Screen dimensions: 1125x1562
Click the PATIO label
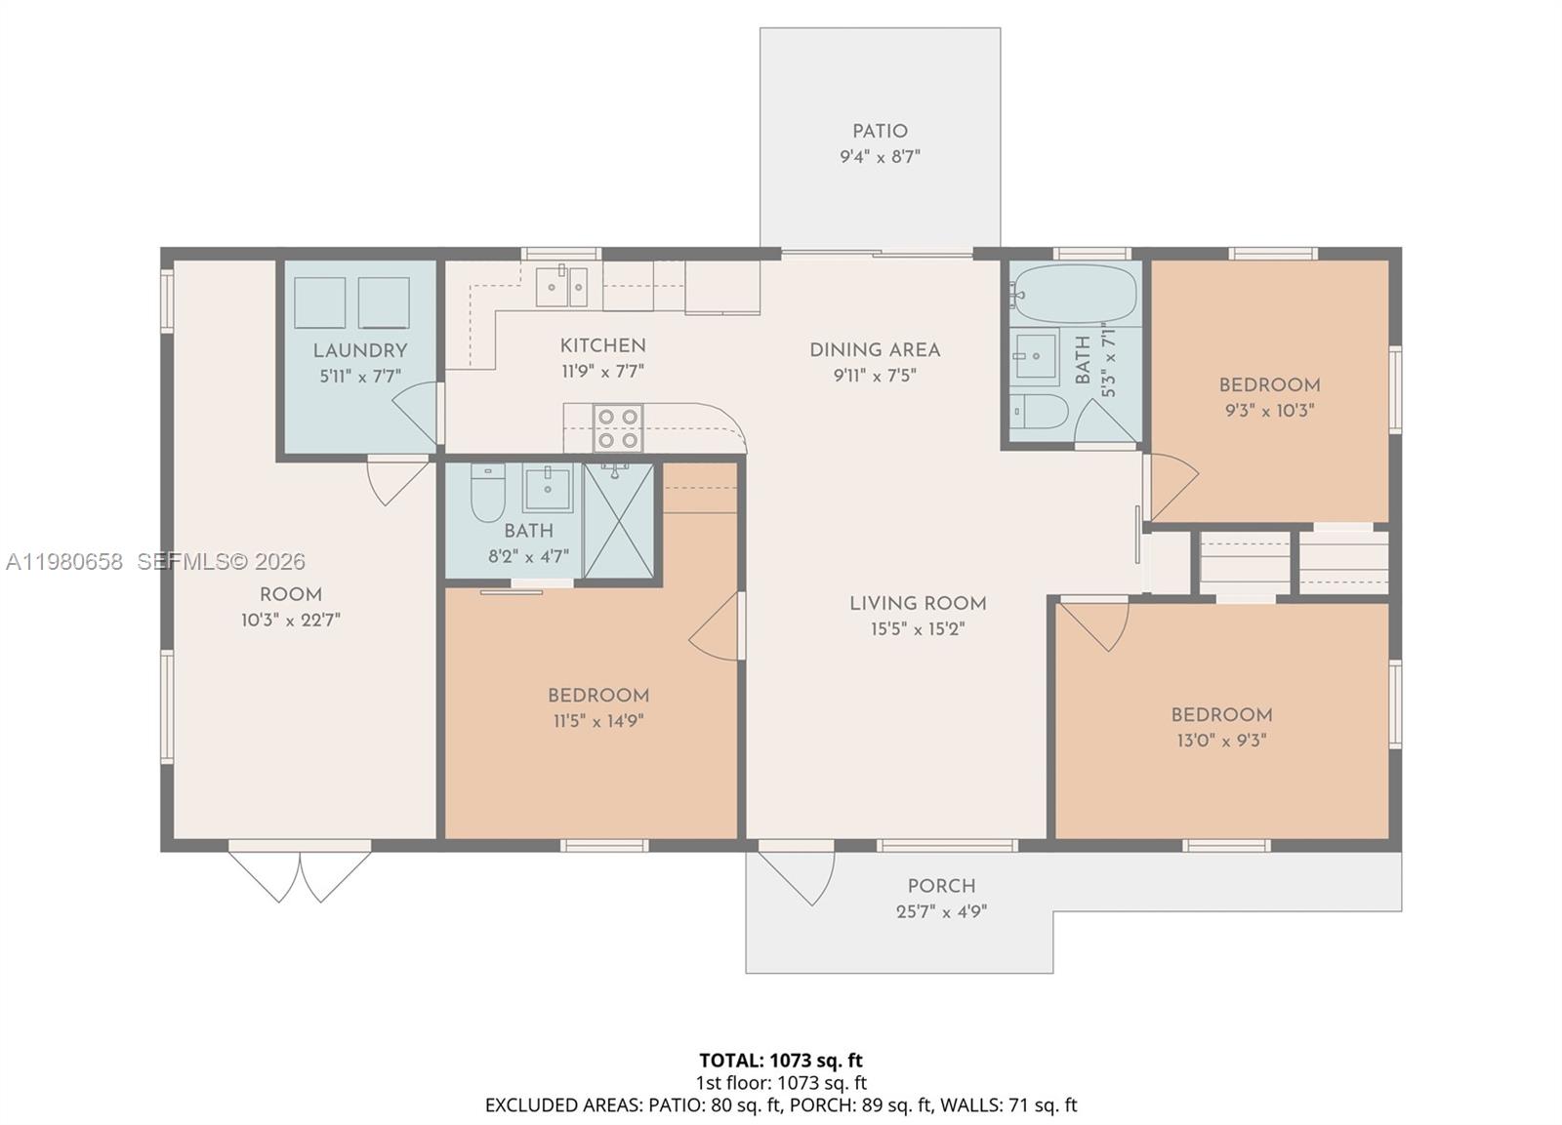pos(880,132)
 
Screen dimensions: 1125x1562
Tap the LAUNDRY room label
pos(360,351)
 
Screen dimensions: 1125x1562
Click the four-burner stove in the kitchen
pos(618,428)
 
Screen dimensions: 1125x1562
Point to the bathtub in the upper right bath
pos(1075,293)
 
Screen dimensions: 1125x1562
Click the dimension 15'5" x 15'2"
pos(918,629)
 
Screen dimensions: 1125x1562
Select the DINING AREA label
pos(875,350)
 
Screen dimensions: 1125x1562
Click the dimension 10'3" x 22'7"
pos(291,621)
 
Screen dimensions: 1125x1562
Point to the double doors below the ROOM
pos(300,875)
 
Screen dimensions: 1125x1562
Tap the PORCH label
pos(941,886)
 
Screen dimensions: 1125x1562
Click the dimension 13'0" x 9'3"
pos(1221,741)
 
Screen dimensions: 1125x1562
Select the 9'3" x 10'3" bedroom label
pos(1269,385)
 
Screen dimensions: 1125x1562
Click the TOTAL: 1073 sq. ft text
pos(781,1060)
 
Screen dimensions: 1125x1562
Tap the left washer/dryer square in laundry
pos(319,302)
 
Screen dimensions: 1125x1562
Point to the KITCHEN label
pos(602,345)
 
